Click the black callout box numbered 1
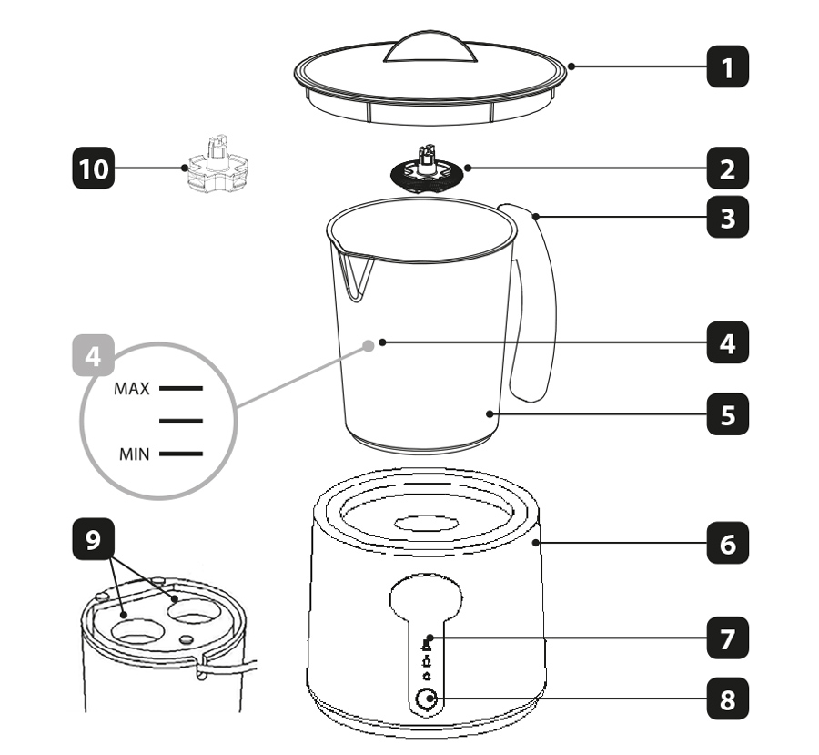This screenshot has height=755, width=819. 728,66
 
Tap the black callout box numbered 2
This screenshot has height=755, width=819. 728,168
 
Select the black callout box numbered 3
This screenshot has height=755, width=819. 728,217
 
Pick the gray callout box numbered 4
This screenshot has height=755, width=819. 93,355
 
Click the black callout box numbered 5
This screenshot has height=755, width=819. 728,414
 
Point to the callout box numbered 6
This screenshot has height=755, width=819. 728,543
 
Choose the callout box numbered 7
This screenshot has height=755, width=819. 728,638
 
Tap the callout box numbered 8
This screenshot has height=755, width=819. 728,699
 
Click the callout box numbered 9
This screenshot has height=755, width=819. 93,538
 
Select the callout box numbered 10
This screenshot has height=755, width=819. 93,168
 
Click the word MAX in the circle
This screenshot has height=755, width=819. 132,389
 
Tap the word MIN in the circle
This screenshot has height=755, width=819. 135,454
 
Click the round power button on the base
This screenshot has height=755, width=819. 426,699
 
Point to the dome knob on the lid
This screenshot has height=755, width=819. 430,47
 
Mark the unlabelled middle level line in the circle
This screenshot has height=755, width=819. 181,421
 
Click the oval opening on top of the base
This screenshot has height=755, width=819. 426,523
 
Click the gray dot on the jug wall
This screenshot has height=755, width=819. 369,345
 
